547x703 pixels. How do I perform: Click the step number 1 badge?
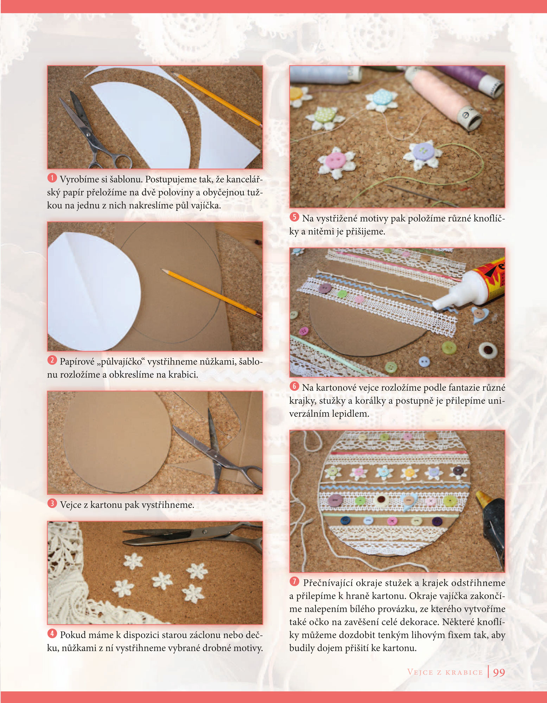[x=52, y=178]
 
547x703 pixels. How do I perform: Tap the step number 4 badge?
[x=52, y=633]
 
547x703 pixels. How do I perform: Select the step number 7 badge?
[x=294, y=581]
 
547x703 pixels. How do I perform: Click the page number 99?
[x=499, y=672]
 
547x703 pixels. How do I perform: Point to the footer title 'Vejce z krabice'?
[x=445, y=672]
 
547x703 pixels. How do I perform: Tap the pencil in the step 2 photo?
[x=211, y=294]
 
